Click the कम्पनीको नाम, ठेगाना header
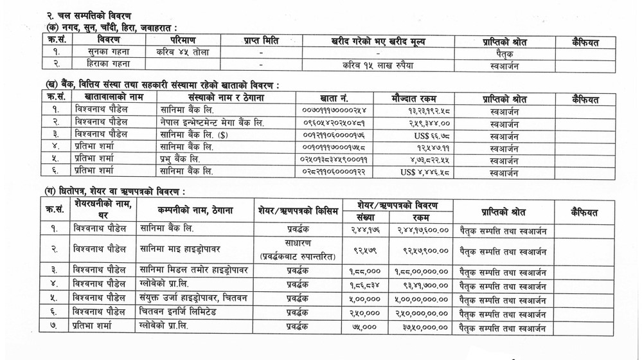(x=195, y=210)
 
